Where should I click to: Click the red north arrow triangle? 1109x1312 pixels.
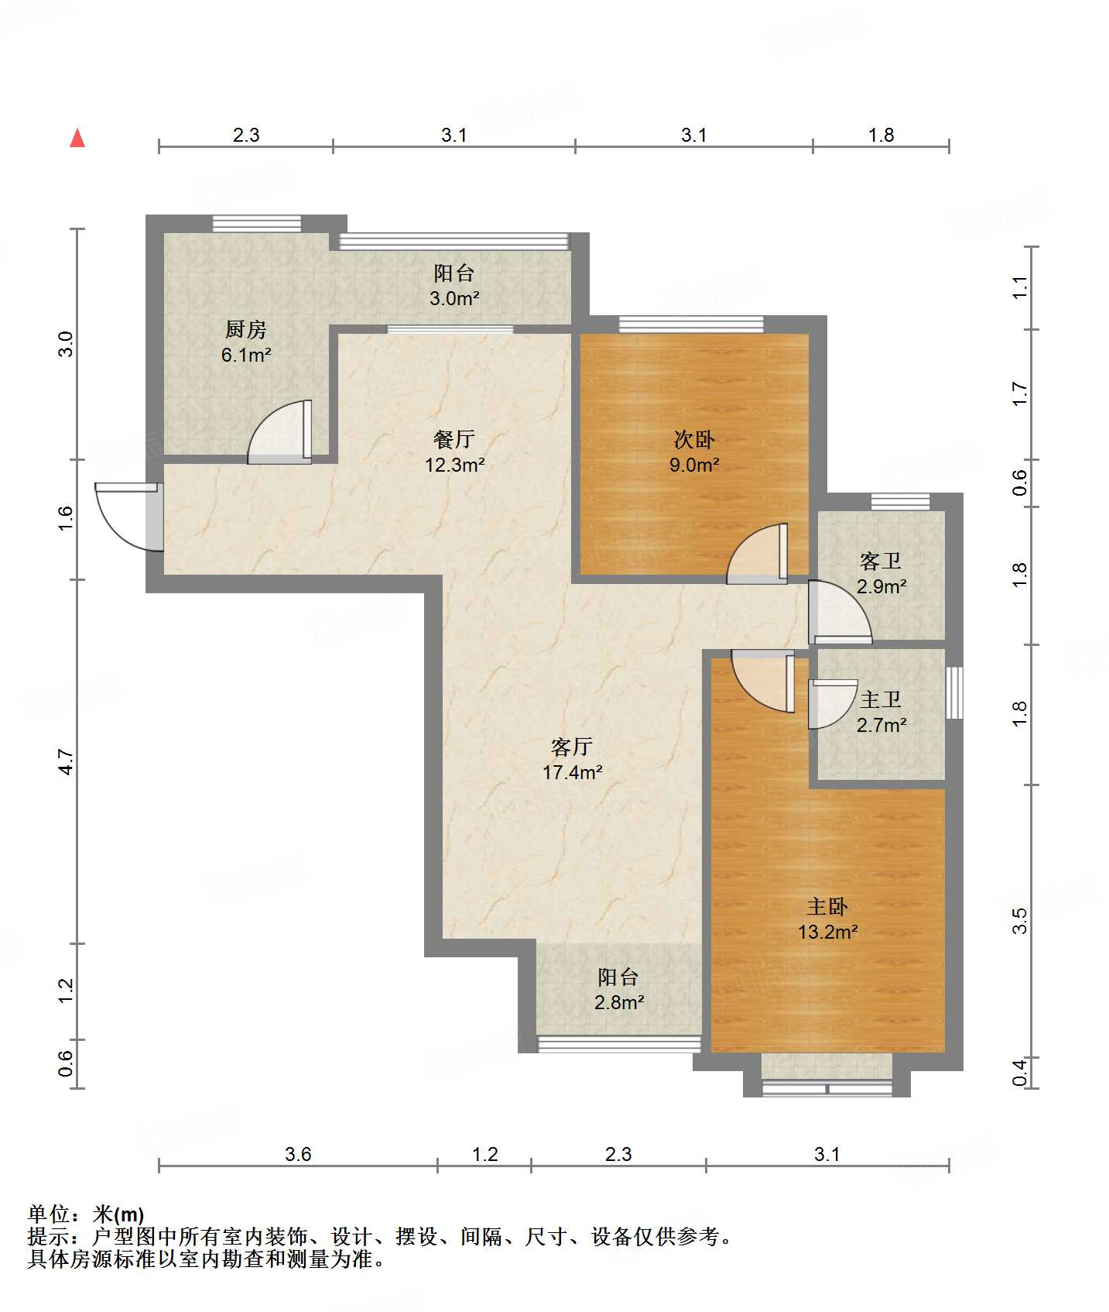pos(77,138)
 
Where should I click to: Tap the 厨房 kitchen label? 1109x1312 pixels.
pos(246,330)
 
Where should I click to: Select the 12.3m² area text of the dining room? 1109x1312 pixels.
pos(455,465)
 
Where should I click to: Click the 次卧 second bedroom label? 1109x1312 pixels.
pos(694,440)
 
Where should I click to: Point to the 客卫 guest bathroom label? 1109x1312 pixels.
pos(881,562)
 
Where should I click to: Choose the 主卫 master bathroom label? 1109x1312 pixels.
pos(881,700)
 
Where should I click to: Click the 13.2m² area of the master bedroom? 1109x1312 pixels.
pos(828,932)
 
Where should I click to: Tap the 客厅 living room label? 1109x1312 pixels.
pos(572,747)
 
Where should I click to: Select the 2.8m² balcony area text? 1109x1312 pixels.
pos(619,1003)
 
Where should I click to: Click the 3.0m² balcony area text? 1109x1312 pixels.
pos(455,298)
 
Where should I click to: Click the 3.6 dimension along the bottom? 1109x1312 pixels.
pos(298,1155)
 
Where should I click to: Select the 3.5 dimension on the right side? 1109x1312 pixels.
pos(1019,921)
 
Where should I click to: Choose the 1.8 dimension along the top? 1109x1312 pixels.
pos(881,136)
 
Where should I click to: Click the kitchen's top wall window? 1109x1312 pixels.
pos(257,223)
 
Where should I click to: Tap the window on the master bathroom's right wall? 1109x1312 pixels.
pos(955,692)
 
